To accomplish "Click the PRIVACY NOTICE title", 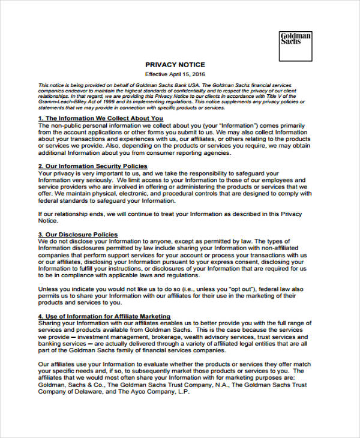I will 175,65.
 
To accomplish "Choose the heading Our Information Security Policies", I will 92,166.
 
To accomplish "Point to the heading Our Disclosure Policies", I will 77,235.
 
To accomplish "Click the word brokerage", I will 166,337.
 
